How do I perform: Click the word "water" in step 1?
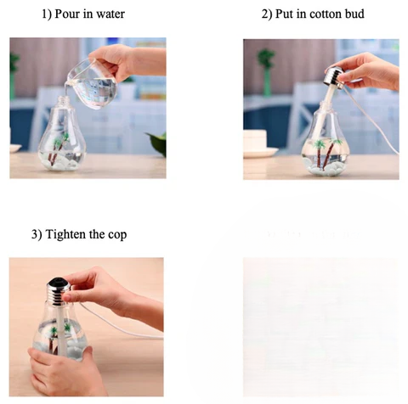tap(110, 14)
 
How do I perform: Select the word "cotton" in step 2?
tap(326, 14)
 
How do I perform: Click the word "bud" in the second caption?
tap(354, 14)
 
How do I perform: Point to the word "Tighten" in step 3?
tap(65, 234)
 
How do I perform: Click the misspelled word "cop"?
tap(117, 235)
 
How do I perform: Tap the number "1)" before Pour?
tap(47, 14)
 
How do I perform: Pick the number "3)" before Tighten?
tap(37, 234)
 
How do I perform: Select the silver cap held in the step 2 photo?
tap(335, 76)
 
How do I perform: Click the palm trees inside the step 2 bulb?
tap(326, 153)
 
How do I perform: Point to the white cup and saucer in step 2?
tap(259, 143)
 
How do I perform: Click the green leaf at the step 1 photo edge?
tap(157, 143)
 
